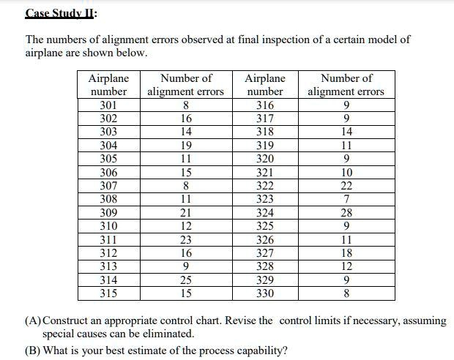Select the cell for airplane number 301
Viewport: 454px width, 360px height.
point(108,105)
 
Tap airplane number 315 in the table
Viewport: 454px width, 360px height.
point(108,293)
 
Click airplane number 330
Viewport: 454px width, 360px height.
point(265,293)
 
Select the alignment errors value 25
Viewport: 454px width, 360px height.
point(186,280)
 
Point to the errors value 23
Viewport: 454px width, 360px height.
point(186,240)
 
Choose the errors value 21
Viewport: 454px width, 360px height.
point(186,213)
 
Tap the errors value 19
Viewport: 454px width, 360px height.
point(186,145)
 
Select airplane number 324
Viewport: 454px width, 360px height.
point(265,213)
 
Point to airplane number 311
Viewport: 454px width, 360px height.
point(108,240)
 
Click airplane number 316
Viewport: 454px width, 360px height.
point(265,105)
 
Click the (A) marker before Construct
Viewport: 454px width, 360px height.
point(33,320)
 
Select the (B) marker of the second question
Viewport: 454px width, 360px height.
point(33,349)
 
